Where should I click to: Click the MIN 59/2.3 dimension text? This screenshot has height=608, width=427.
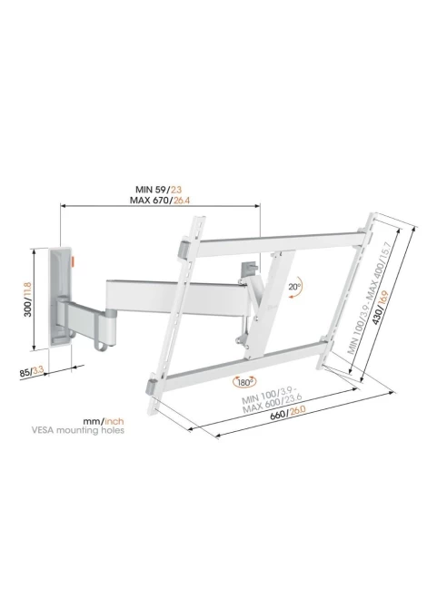point(158,190)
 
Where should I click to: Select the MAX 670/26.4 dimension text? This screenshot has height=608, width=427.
point(160,200)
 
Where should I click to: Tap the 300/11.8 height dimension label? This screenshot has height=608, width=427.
point(27,299)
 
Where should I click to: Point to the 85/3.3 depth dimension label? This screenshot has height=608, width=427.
point(32,371)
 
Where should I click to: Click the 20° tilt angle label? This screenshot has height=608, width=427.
point(294,287)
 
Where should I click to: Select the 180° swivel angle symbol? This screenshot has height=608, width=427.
point(244,382)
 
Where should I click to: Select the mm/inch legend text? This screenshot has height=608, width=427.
point(104,421)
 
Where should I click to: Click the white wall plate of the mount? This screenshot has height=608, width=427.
point(61,297)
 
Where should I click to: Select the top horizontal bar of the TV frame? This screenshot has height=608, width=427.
point(280,243)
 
